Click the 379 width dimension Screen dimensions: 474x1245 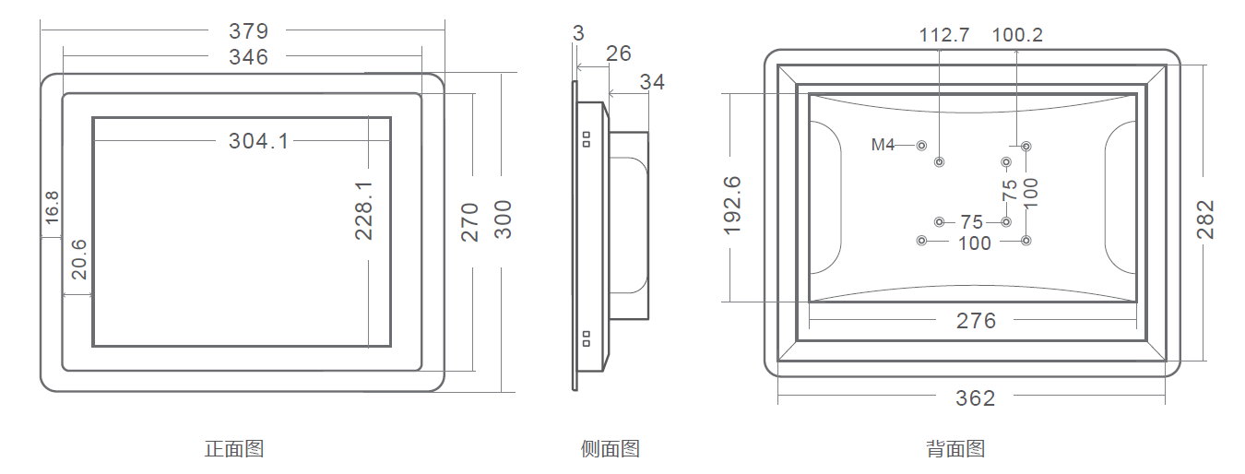pyautogui.click(x=249, y=31)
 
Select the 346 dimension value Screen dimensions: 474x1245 pyautogui.click(x=249, y=57)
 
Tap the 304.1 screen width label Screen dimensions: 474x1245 pyautogui.click(x=258, y=141)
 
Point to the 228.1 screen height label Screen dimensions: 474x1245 pyautogui.click(x=364, y=210)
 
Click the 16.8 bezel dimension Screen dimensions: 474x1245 pyautogui.click(x=52, y=207)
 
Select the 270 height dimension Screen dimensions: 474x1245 pyautogui.click(x=470, y=221)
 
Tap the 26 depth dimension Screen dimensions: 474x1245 pyautogui.click(x=619, y=53)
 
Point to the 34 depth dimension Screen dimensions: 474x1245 pyautogui.click(x=652, y=82)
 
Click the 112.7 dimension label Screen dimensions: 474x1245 pyautogui.click(x=944, y=35)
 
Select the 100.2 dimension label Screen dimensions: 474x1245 pyautogui.click(x=1017, y=35)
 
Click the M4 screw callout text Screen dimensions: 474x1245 pyautogui.click(x=883, y=145)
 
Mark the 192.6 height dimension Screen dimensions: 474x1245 pyautogui.click(x=733, y=205)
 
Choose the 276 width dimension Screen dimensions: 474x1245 pyautogui.click(x=976, y=320)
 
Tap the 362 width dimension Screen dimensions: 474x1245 pyautogui.click(x=976, y=397)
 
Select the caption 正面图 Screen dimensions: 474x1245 pyautogui.click(x=234, y=449)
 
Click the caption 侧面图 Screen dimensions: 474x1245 pyautogui.click(x=611, y=449)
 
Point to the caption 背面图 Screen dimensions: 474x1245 pyautogui.click(x=955, y=449)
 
